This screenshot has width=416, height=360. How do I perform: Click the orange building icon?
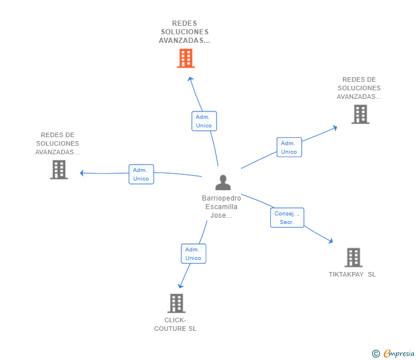pyautogui.click(x=186, y=58)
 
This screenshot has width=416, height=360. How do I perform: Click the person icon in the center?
pyautogui.click(x=223, y=182)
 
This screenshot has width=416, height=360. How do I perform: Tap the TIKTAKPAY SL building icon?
pyautogui.click(x=354, y=258)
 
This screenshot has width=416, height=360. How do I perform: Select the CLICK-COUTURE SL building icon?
pyautogui.click(x=177, y=303)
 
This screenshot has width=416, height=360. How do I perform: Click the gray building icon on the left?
pyautogui.click(x=59, y=170)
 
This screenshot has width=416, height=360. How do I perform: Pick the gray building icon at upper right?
pyautogui.click(x=360, y=114)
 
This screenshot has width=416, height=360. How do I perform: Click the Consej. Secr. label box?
pyautogui.click(x=287, y=218)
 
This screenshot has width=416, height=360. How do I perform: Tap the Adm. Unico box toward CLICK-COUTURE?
pyautogui.click(x=193, y=254)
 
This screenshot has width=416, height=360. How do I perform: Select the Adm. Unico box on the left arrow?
pyautogui.click(x=141, y=174)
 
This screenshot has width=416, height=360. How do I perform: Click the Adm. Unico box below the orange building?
pyautogui.click(x=203, y=121)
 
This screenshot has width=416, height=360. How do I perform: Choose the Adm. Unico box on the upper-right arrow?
pyautogui.click(x=289, y=147)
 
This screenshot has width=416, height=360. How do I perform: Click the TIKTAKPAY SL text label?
pyautogui.click(x=352, y=274)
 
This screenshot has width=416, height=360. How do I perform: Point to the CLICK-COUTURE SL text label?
pyautogui.click(x=175, y=325)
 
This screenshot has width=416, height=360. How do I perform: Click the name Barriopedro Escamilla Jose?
pyautogui.click(x=221, y=207)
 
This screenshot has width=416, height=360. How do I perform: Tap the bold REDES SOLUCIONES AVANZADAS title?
pyautogui.click(x=185, y=32)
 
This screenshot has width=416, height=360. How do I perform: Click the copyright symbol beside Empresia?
pyautogui.click(x=375, y=354)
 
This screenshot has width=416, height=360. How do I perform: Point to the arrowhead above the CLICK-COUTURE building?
pyautogui.click(x=181, y=285)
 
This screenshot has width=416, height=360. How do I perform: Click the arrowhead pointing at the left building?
pyautogui.click(x=82, y=173)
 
